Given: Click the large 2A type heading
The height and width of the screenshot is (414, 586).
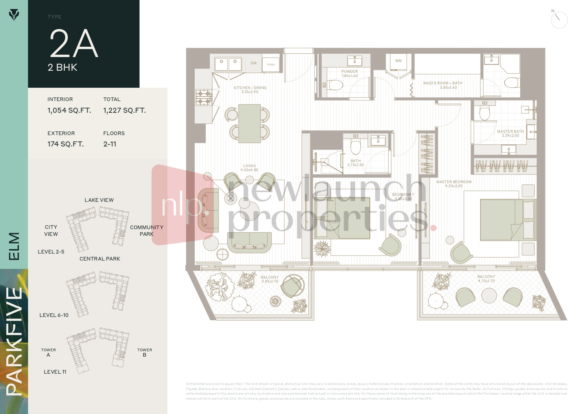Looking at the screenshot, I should pyautogui.click(x=74, y=43).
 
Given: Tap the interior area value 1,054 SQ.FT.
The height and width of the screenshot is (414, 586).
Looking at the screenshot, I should pyautogui.click(x=69, y=110).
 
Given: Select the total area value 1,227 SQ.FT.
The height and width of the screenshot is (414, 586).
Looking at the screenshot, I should pyautogui.click(x=124, y=110).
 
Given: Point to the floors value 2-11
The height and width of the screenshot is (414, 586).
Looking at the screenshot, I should pyautogui.click(x=110, y=144).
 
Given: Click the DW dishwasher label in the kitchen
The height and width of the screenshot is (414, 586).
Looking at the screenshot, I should pyautogui.click(x=254, y=63).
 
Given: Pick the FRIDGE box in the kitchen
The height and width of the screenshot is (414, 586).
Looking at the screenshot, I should pyautogui.click(x=271, y=64).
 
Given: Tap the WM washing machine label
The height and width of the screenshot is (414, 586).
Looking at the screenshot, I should pyautogui.click(x=398, y=61).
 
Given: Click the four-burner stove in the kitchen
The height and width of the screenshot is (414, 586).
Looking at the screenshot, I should pyautogui.click(x=204, y=97).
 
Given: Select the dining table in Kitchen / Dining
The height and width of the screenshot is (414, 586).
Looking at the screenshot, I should pyautogui.click(x=250, y=123).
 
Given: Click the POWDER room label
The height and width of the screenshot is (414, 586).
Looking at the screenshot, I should pyautogui.click(x=349, y=71).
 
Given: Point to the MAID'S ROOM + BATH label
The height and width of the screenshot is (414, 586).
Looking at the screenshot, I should pyautogui.click(x=443, y=83).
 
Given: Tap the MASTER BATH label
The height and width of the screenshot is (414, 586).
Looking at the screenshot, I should pyautogui.click(x=510, y=131).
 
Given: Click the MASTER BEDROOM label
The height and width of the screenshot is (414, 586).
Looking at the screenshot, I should pyautogui.click(x=454, y=182).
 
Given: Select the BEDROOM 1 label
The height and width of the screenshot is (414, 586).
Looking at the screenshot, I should pyautogui.click(x=403, y=194).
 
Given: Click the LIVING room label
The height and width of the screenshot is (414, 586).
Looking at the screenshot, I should pyautogui.click(x=250, y=166).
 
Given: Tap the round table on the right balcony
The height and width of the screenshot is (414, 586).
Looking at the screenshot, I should pyautogui.click(x=489, y=296).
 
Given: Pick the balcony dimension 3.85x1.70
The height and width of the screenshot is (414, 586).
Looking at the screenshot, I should pyautogui.click(x=270, y=282).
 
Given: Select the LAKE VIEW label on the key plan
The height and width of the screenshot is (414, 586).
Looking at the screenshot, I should pyautogui.click(x=99, y=200).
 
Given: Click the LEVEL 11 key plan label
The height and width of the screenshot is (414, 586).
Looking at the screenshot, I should pyautogui.click(x=55, y=372).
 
